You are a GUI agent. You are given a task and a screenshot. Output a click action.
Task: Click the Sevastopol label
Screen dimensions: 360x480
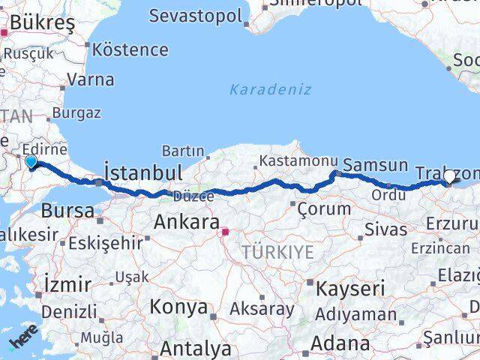196,16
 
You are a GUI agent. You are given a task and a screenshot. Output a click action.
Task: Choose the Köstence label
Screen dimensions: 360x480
130,50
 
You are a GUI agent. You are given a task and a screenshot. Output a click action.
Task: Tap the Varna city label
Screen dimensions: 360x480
90,79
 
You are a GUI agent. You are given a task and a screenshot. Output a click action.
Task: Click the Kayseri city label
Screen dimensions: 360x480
350,289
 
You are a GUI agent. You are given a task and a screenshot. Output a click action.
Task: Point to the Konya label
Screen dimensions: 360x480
178,307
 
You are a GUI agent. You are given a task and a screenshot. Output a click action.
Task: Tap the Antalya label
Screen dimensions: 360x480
196,348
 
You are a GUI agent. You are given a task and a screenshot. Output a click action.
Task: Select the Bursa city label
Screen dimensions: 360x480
67,209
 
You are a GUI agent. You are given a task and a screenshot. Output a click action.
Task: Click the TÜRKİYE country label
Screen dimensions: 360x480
277,253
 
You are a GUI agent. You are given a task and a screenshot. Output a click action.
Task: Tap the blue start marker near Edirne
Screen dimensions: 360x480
31,161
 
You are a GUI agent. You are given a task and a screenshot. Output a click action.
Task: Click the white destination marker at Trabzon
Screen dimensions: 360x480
449,177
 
